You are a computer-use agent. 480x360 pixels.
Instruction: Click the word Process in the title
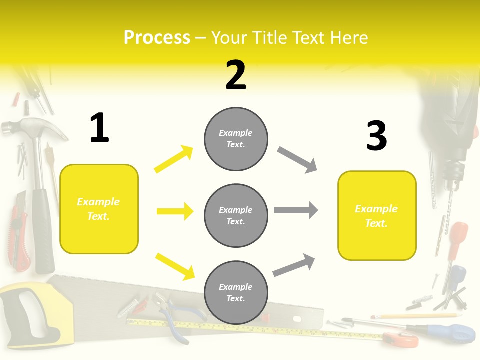click(157, 38)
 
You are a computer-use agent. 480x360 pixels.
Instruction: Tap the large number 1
click(99, 128)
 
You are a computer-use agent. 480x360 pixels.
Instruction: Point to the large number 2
click(236, 76)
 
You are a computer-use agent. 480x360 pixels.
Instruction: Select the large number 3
click(377, 136)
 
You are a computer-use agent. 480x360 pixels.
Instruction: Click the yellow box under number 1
click(99, 209)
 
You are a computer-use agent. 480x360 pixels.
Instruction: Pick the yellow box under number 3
click(377, 216)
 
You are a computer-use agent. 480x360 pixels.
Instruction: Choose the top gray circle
click(236, 139)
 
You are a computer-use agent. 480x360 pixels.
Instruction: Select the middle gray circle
click(236, 216)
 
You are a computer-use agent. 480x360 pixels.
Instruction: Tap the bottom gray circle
click(236, 293)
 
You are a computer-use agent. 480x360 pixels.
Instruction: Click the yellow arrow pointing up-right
click(174, 159)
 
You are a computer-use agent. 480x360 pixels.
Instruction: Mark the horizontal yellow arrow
click(175, 211)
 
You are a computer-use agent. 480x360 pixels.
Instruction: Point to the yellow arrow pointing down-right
click(175, 266)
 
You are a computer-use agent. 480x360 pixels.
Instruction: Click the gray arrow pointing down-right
click(297, 160)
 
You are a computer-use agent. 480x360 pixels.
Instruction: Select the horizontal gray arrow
click(296, 210)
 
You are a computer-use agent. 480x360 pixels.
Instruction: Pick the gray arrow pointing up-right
click(294, 265)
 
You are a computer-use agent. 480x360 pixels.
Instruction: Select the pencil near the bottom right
click(415, 316)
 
